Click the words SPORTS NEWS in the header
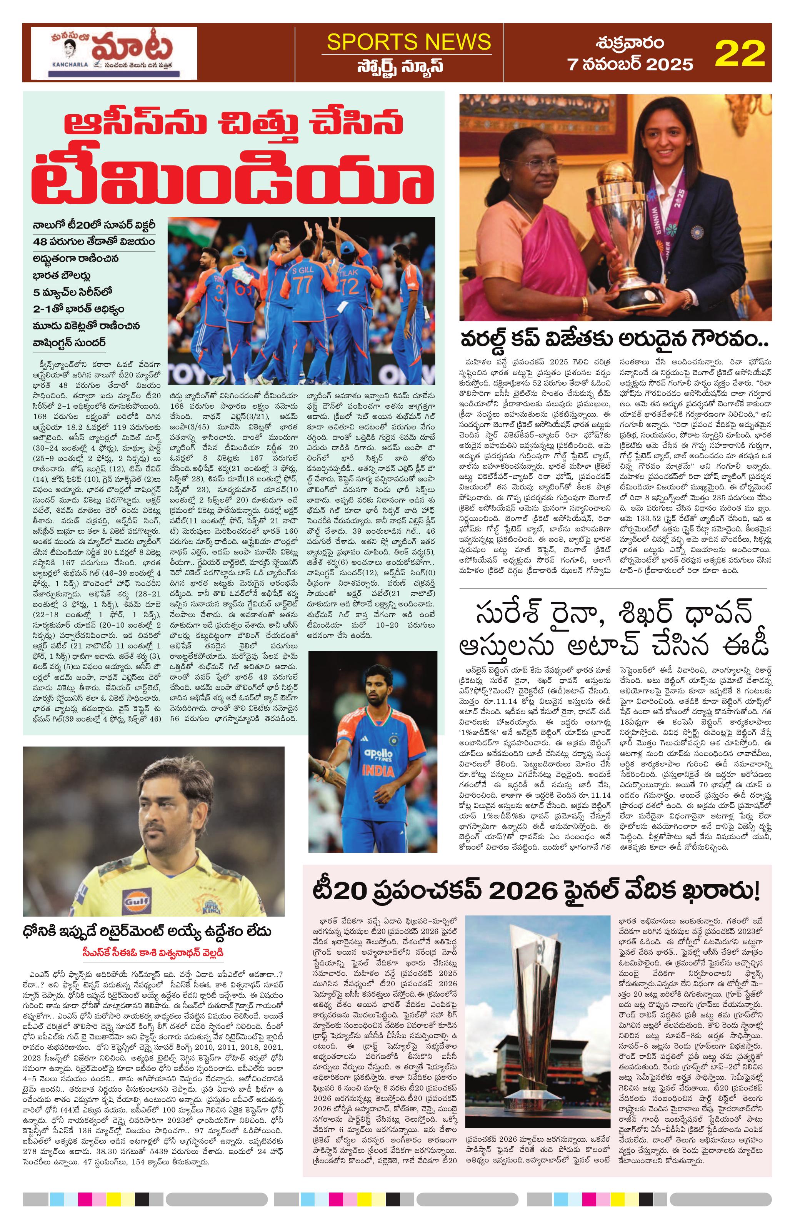[x=408, y=42]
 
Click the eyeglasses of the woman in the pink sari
[x=532, y=165]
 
